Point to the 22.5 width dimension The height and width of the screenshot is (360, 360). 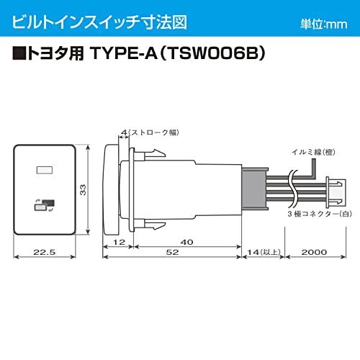tap(44, 253)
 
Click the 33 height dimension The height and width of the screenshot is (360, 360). tap(84, 189)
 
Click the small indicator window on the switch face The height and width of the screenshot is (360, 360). tap(44, 171)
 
